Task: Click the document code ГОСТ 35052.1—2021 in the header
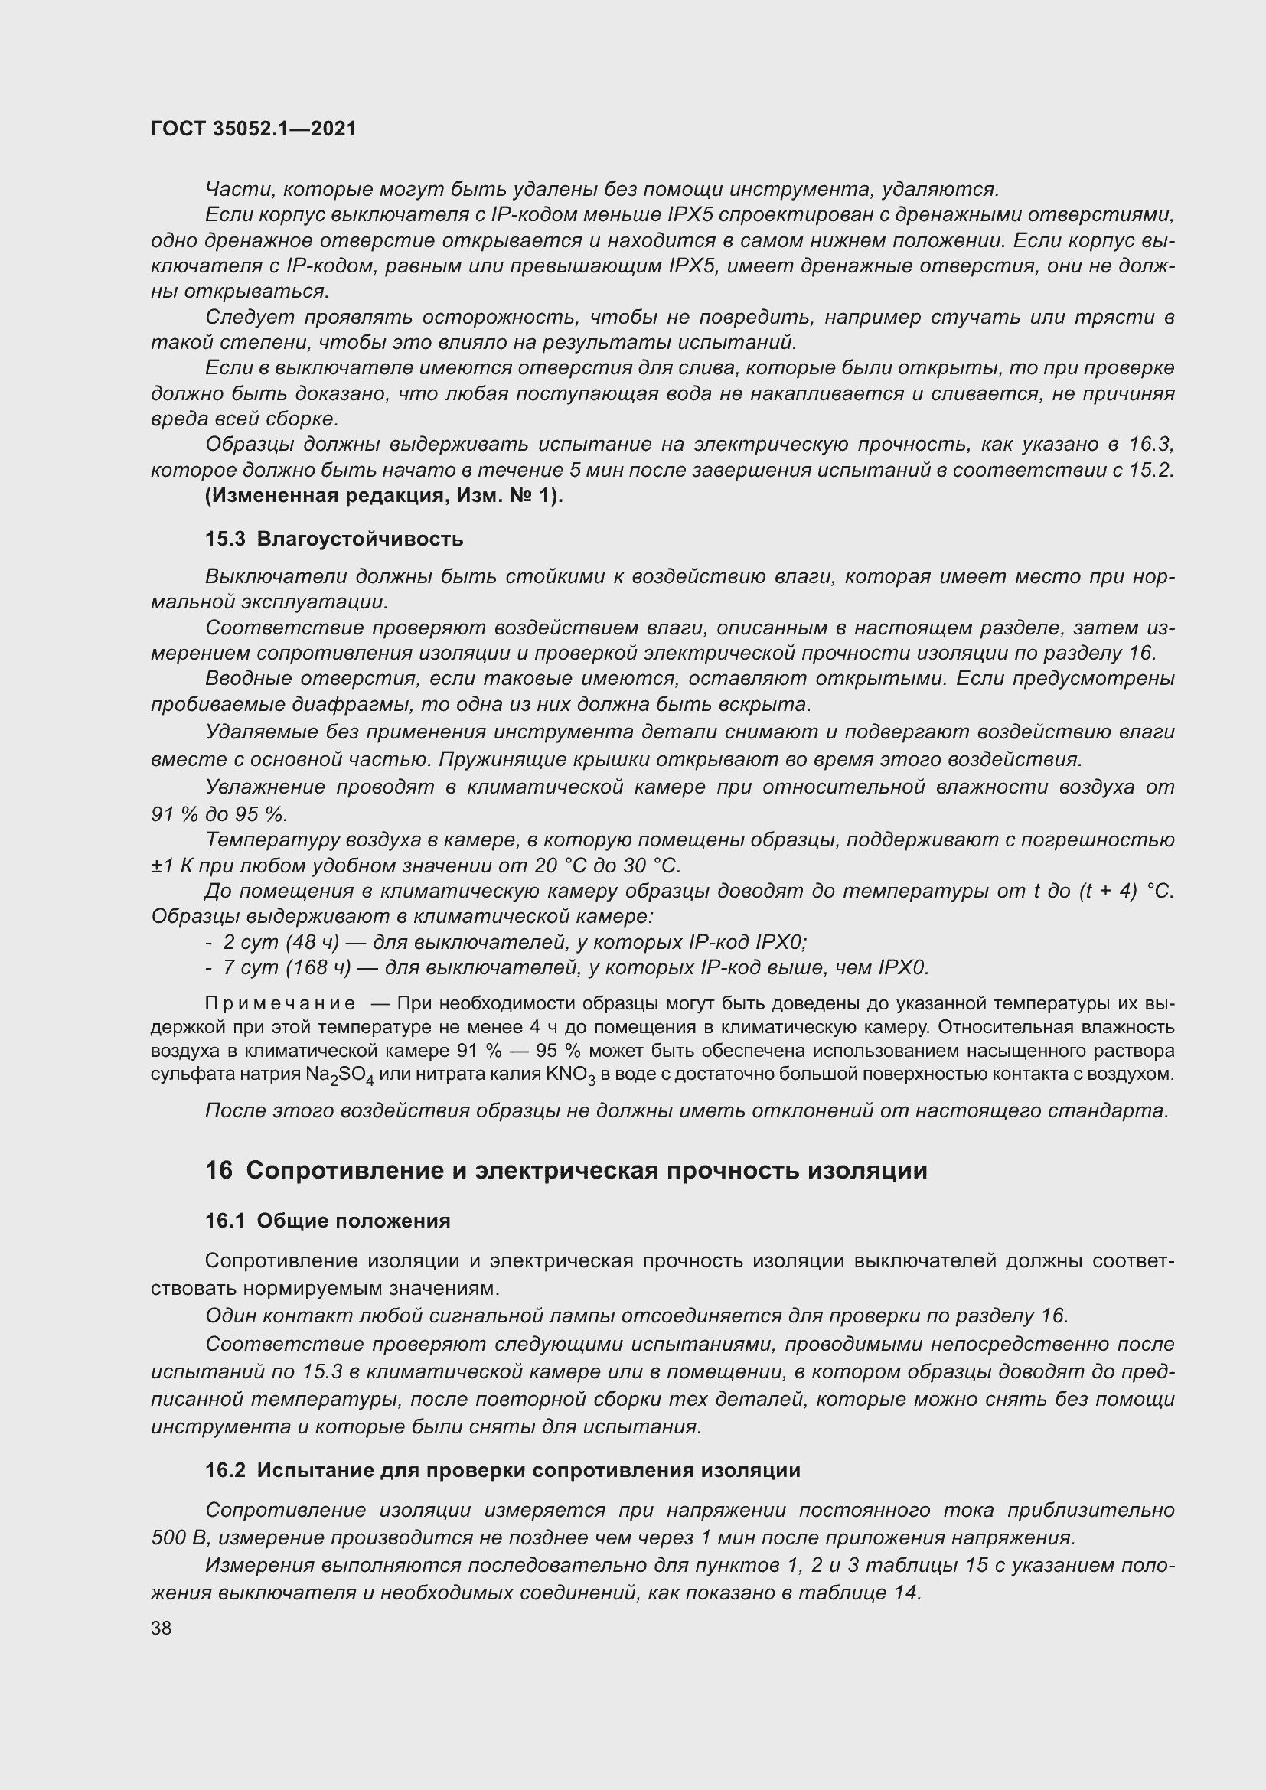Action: coord(253,129)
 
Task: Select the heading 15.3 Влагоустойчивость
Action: coord(334,539)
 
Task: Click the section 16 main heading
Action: coord(566,1170)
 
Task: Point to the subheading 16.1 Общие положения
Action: coord(328,1221)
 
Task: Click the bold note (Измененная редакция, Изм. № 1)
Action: coord(383,496)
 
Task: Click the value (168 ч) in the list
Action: coord(318,967)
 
